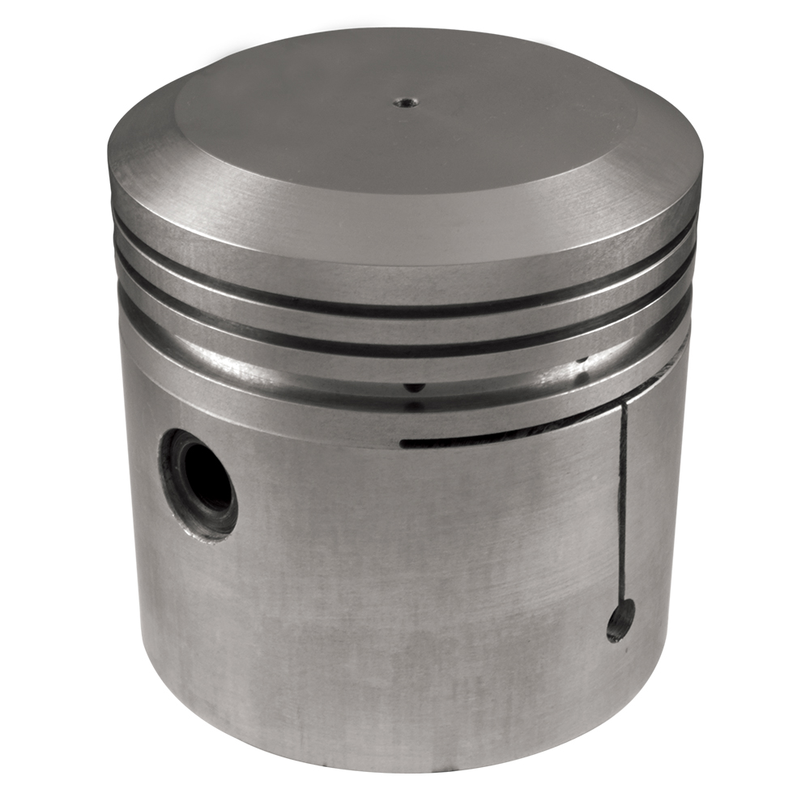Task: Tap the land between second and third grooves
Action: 405,369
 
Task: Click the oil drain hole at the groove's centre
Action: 414,388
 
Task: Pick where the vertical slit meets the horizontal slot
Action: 623,409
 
